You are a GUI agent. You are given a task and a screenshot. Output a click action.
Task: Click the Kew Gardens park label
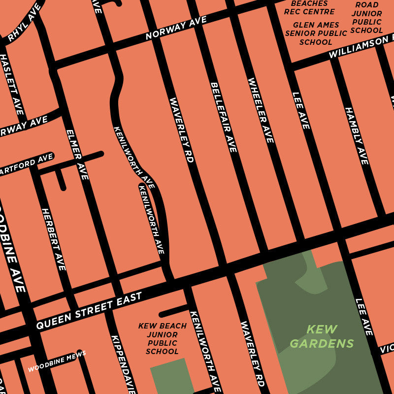tap(321, 336)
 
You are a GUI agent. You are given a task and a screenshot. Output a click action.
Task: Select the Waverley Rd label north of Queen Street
tap(182, 130)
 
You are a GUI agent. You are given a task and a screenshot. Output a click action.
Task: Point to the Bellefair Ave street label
tap(224, 117)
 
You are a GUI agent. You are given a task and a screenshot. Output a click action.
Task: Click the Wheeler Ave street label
tap(261, 110)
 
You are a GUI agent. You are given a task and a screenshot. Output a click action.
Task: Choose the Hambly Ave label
tap(356, 136)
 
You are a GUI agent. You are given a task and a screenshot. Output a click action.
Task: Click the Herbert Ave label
tap(53, 239)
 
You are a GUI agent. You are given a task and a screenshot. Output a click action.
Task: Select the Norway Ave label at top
tap(176, 28)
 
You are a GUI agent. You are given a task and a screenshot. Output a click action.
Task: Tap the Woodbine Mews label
tap(57, 361)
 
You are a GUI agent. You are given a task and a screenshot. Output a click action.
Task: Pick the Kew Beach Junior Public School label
tap(162, 339)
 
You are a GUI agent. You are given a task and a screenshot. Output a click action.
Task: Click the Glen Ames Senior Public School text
tap(316, 33)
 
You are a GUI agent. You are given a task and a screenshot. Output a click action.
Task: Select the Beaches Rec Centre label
tap(309, 7)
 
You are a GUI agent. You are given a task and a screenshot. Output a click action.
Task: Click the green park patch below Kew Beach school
tap(170, 377)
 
